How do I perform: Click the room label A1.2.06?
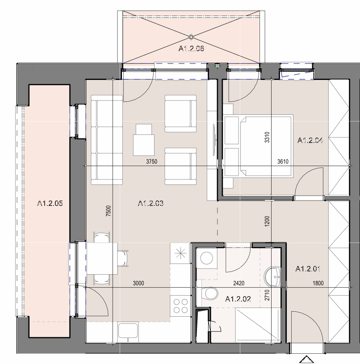(191, 49)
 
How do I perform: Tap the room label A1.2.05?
(50, 203)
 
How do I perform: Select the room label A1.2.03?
(151, 203)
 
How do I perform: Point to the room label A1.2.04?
(310, 140)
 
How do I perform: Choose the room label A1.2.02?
(238, 299)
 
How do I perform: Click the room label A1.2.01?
(308, 269)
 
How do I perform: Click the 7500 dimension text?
(109, 211)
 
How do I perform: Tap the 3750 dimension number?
(151, 161)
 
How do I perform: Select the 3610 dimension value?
(283, 161)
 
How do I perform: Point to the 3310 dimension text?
(267, 137)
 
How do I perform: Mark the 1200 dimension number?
(267, 221)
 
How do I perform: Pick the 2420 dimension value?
(239, 283)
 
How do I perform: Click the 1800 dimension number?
(318, 283)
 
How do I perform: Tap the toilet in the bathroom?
(210, 294)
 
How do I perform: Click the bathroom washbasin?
(272, 277)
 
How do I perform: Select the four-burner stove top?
(180, 306)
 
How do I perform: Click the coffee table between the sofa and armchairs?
(144, 140)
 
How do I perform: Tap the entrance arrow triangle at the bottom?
(307, 360)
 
